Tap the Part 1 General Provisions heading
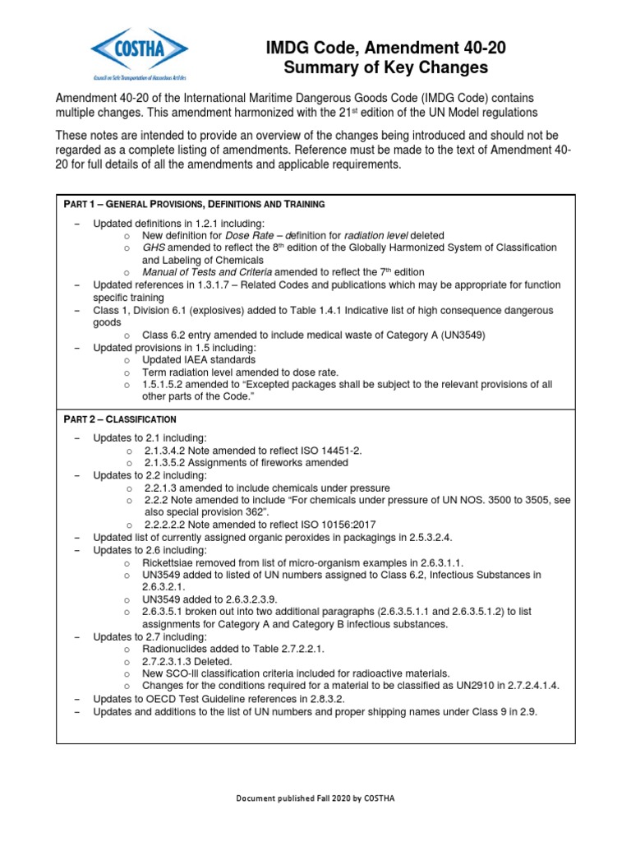pyautogui.click(x=194, y=203)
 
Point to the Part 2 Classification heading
pyautogui.click(x=120, y=419)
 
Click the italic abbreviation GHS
pyautogui.click(x=153, y=248)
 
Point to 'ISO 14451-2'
pyautogui.click(x=332, y=451)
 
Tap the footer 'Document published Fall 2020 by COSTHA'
pyautogui.click(x=315, y=798)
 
